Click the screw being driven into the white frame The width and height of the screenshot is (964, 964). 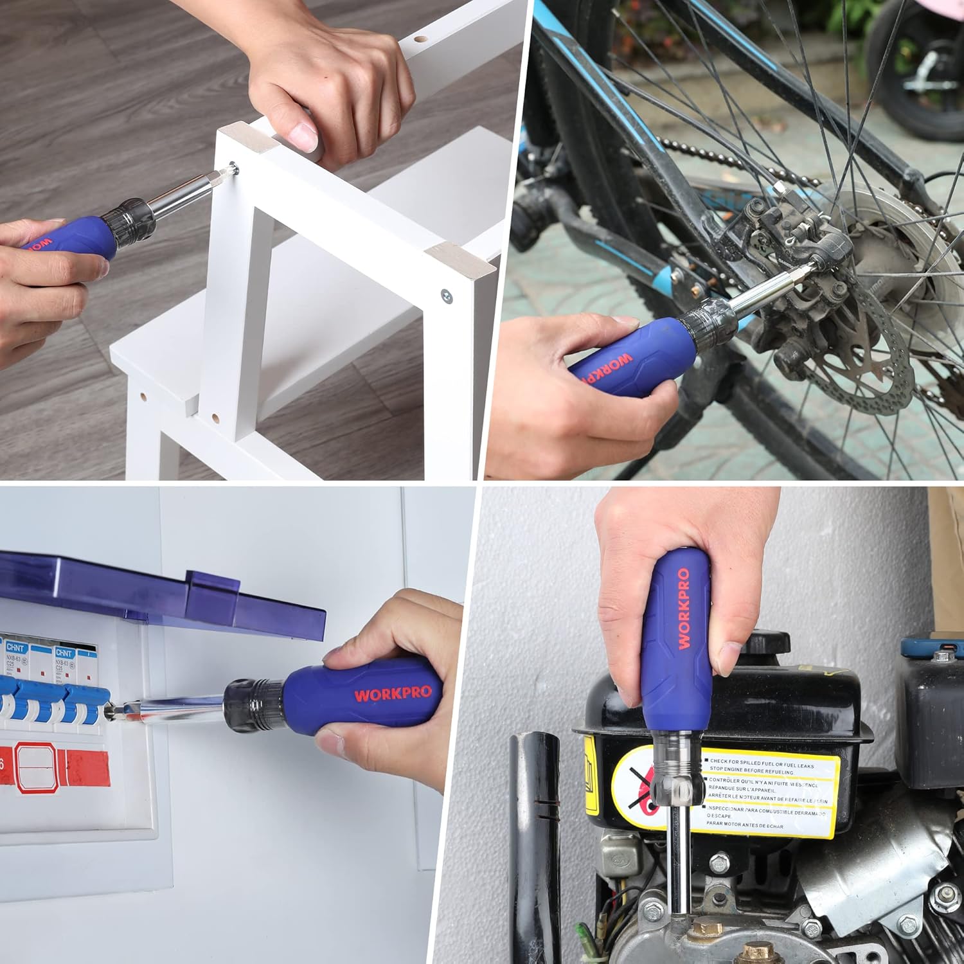click(235, 169)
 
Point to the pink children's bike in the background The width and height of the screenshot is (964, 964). click(913, 64)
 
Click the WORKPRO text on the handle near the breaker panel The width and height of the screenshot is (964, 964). click(393, 694)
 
